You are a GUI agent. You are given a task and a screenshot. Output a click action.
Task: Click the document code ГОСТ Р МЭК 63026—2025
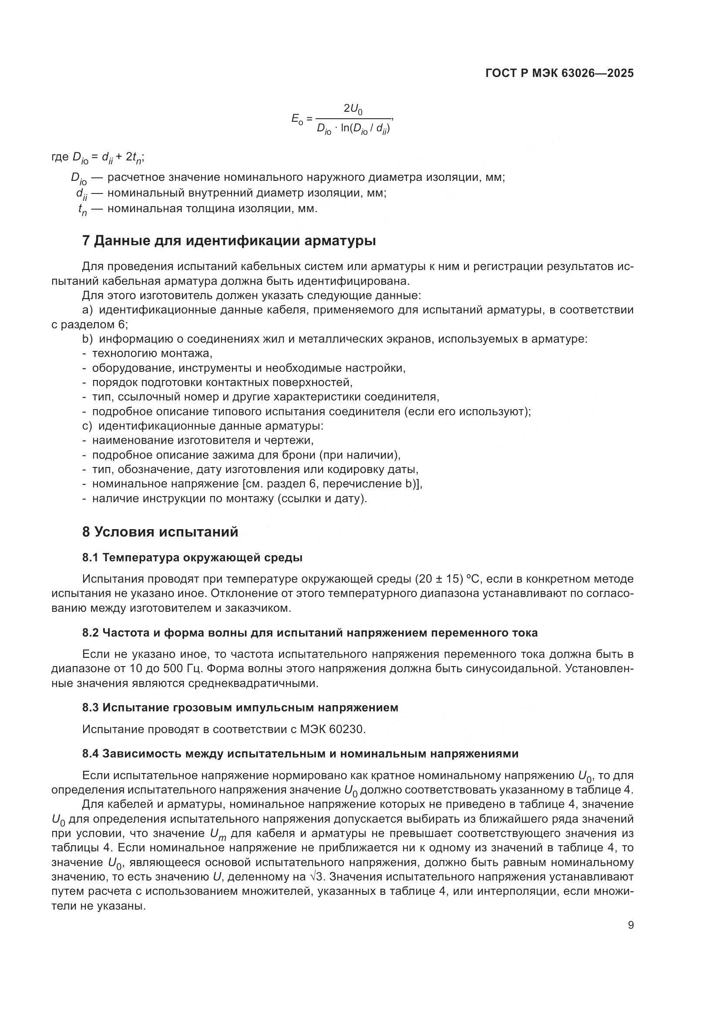tap(559, 73)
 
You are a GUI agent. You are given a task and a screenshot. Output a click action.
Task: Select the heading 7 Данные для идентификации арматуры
tap(229, 241)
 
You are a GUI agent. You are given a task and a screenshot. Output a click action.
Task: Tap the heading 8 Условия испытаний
tap(160, 531)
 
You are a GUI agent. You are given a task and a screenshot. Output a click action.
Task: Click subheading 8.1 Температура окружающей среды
tap(192, 558)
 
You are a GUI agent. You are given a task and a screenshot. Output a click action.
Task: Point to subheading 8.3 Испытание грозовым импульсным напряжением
tap(240, 707)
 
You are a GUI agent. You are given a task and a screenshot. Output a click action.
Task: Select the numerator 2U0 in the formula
tap(353, 109)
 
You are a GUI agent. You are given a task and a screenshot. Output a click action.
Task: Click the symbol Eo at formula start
tap(297, 119)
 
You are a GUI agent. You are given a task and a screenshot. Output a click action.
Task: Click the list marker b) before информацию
tap(88, 339)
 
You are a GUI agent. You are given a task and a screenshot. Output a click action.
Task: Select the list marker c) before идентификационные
tap(87, 426)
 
